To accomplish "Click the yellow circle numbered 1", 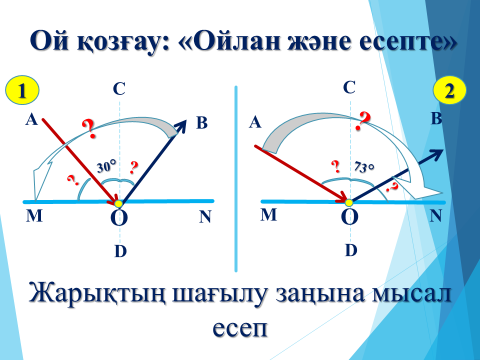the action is point(22,90).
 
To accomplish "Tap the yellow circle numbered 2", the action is point(450,90).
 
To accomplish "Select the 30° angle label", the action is point(107,166).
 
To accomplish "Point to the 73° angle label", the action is point(364,166).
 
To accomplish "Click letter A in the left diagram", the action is point(32,119).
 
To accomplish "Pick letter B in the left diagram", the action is point(202,122).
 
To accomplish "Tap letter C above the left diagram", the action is point(119,89).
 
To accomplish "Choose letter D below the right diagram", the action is point(351,250).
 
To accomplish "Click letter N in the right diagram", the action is point(436,216).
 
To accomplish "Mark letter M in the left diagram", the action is point(34,216).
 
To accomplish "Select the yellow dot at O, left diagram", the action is point(119,203).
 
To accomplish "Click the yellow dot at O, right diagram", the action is point(349,202).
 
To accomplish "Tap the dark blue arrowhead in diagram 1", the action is point(180,126).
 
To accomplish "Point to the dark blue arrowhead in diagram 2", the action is point(436,154).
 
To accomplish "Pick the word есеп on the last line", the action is point(240,328).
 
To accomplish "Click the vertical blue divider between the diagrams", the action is point(236,179).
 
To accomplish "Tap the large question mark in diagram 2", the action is point(363,121).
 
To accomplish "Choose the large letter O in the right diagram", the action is point(350,217).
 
